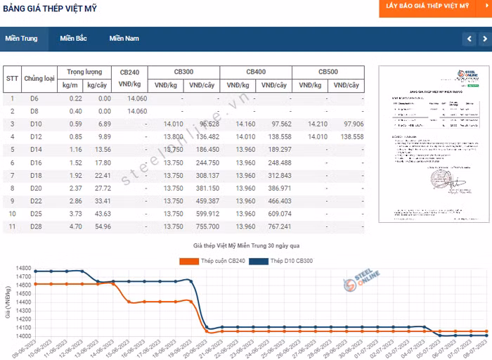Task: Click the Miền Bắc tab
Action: coord(73,38)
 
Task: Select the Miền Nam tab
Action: coord(124,38)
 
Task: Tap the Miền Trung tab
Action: coord(22,38)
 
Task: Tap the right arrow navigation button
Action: coord(484,39)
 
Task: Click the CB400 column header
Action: coord(256,72)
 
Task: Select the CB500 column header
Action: coord(328,72)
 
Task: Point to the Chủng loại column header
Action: coord(39,79)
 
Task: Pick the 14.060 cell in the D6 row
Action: coord(136,98)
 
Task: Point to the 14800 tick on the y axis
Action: coord(22,269)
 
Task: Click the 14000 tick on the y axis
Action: coord(22,335)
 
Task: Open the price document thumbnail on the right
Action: coord(429,144)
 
